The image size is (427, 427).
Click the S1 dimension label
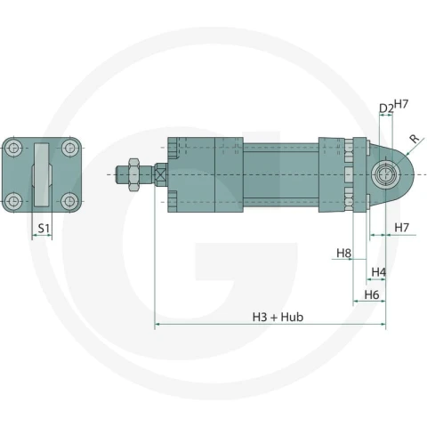point(44,229)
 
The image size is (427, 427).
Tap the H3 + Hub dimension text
point(278,317)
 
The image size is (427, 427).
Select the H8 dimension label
point(343,254)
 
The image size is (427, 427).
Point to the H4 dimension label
point(379,271)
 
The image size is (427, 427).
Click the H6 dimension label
point(372,294)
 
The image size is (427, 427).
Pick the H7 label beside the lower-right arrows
point(402,228)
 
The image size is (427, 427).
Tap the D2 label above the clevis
point(386,109)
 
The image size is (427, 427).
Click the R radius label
point(414,138)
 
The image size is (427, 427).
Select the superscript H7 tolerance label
point(401,104)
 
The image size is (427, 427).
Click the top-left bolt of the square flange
point(13,148)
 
